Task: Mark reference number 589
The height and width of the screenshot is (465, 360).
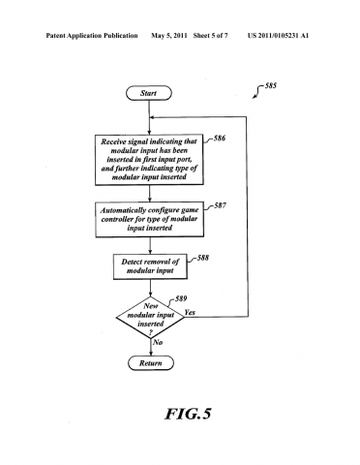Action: [x=177, y=299]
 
